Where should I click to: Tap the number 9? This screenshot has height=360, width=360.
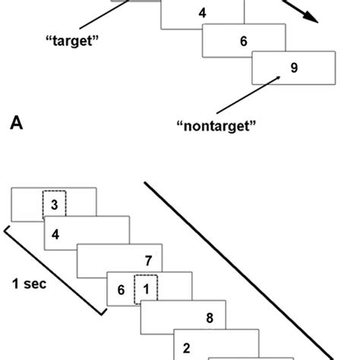click(293, 68)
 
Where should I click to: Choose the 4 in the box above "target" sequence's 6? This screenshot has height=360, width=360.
click(202, 13)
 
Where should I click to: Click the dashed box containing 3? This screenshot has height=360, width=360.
click(54, 203)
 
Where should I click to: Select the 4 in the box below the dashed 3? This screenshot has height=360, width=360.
click(55, 234)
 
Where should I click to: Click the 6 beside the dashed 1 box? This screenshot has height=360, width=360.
click(121, 289)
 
